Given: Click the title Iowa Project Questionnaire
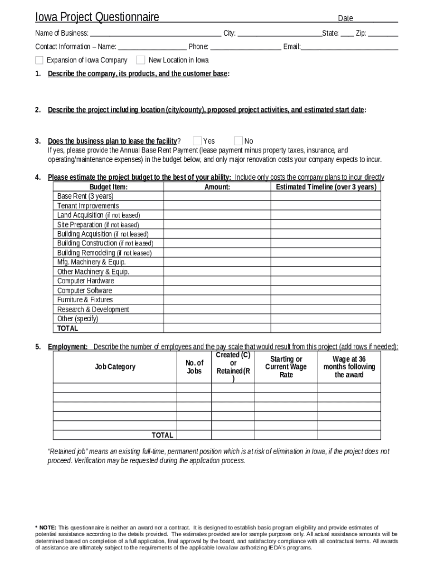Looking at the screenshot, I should pyautogui.click(x=97, y=17).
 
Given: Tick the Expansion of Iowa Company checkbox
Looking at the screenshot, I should pyautogui.click(x=39, y=60).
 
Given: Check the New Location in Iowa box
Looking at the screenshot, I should pyautogui.click(x=140, y=60).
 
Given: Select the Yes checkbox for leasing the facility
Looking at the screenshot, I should pyautogui.click(x=197, y=141).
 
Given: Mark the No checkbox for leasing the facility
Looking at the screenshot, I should pyautogui.click(x=238, y=141).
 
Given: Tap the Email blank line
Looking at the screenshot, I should pyautogui.click(x=349, y=47).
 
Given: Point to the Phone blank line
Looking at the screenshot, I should pyautogui.click(x=246, y=47).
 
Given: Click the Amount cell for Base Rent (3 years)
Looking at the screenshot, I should pyautogui.click(x=217, y=196).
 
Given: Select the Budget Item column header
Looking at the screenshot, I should pyautogui.click(x=108, y=187).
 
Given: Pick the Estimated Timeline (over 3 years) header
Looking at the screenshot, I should pyautogui.click(x=326, y=187).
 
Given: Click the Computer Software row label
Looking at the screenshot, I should pyautogui.click(x=85, y=291).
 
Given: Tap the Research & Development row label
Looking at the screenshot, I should pyautogui.click(x=93, y=309).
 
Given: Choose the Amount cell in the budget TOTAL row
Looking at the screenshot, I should pyautogui.click(x=217, y=328).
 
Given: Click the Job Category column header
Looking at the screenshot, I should pyautogui.click(x=115, y=367).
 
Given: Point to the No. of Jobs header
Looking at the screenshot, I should pyautogui.click(x=194, y=367).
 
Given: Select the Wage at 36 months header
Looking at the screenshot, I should pyautogui.click(x=349, y=367).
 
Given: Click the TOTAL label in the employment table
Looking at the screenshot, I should pyautogui.click(x=163, y=435).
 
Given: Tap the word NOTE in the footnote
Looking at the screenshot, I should pyautogui.click(x=47, y=527).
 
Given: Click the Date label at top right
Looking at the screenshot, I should pyautogui.click(x=345, y=18).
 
